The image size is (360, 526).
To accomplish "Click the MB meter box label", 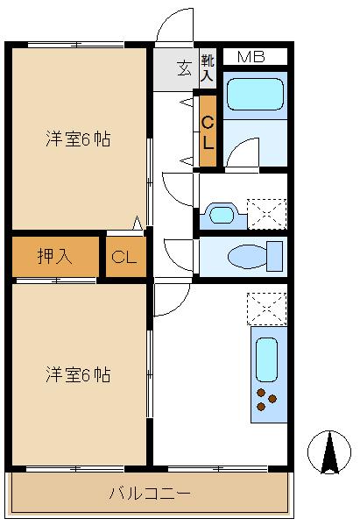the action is (251, 57).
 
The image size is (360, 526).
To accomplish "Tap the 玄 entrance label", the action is (184, 68).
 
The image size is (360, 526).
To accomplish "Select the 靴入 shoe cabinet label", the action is (207, 68).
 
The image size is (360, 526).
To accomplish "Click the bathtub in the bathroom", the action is (255, 95).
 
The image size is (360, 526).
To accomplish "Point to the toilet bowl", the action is (247, 257).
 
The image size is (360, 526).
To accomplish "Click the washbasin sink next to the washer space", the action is (222, 215).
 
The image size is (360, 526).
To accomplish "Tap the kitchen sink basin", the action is (266, 359).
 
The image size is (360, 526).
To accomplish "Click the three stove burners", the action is (266, 400).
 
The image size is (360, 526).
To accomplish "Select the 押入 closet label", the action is (54, 256).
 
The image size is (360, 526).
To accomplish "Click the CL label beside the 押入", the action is (124, 257).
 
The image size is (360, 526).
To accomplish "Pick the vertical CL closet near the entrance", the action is (208, 131).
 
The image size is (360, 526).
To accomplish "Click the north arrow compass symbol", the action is (329, 452).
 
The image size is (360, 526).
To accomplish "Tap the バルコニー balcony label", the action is (150, 494).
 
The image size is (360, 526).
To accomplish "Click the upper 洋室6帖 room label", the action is (78, 139).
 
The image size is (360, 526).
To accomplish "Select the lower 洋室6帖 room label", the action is (78, 374).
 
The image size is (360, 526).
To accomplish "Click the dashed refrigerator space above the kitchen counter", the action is (267, 309).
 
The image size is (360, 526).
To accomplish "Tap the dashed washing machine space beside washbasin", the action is (267, 215).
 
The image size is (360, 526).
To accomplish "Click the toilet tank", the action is (274, 256).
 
